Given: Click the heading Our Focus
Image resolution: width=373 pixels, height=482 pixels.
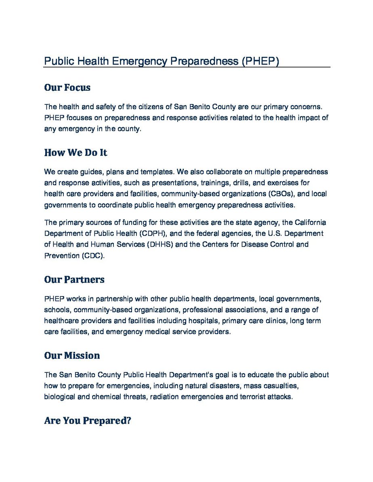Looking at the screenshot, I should (67, 87).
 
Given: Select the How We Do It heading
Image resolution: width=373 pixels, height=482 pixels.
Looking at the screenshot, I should (75, 153).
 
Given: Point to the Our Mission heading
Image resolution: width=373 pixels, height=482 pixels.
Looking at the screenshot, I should (72, 356).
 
